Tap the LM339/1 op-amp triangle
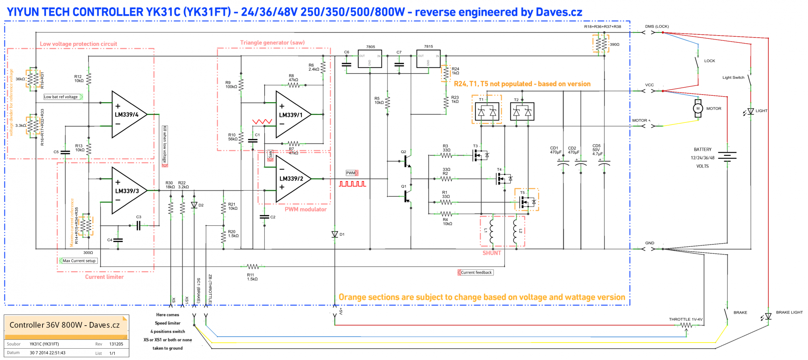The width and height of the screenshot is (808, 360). point(292,115)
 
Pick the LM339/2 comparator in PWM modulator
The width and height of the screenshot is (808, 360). point(292,179)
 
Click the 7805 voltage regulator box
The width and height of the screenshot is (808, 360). point(370,59)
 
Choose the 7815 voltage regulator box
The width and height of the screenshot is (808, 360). point(428,59)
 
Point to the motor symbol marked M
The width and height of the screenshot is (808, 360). point(698,108)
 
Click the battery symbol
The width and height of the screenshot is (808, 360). point(727,157)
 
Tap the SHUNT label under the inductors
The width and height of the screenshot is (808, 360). point(492,253)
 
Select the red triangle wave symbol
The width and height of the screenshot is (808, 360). point(262,121)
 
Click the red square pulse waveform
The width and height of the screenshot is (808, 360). point(352,184)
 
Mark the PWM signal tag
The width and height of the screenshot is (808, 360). point(352,173)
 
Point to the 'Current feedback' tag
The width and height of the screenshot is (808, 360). point(476,272)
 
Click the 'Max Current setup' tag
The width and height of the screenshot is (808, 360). point(78,261)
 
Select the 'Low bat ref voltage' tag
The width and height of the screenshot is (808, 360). point(63,97)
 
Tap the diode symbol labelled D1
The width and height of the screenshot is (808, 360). point(335,234)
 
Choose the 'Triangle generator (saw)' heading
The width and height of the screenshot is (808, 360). point(272,42)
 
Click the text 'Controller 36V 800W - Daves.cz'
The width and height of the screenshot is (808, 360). point(65,325)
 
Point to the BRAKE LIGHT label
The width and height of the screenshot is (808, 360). point(789,312)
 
